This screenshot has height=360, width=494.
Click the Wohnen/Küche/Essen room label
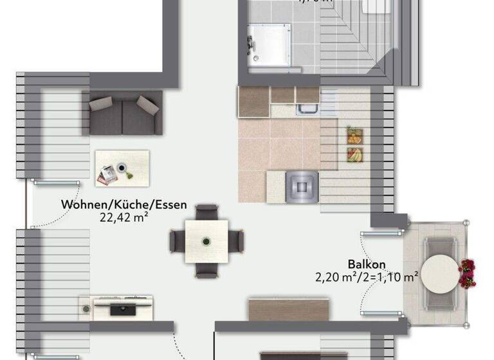124,205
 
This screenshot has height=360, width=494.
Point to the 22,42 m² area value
124,217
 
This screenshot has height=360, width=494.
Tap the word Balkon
367,264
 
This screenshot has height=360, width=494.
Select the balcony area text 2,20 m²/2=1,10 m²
367,277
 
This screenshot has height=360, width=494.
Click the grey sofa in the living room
125,112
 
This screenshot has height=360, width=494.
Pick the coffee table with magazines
122,168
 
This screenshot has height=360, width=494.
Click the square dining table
206,241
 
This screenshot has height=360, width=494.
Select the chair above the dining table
206,212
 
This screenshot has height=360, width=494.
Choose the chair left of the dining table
177,241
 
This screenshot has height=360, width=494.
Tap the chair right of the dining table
237,241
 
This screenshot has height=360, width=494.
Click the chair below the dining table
206,271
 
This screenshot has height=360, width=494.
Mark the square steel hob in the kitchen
301,186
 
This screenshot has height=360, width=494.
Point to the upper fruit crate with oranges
354,135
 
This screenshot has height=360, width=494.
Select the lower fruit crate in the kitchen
354,154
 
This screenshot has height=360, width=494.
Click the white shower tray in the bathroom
270,46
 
